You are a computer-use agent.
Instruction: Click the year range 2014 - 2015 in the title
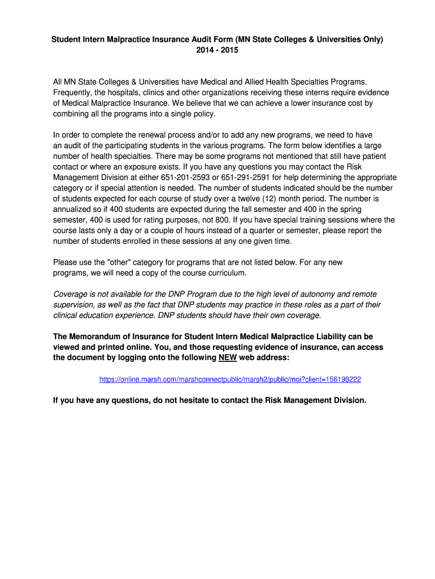point(217,50)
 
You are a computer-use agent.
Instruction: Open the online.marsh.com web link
point(230,379)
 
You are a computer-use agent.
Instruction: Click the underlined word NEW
point(228,358)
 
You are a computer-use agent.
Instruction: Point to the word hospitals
point(130,93)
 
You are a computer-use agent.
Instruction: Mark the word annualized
point(74,209)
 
